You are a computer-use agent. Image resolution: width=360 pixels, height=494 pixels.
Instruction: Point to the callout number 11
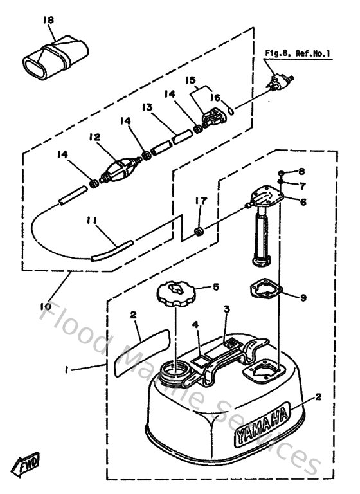point(93,221)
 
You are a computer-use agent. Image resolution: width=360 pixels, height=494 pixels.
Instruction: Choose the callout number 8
point(301,172)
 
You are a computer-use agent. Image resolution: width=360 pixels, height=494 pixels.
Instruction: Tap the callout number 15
point(190,80)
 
